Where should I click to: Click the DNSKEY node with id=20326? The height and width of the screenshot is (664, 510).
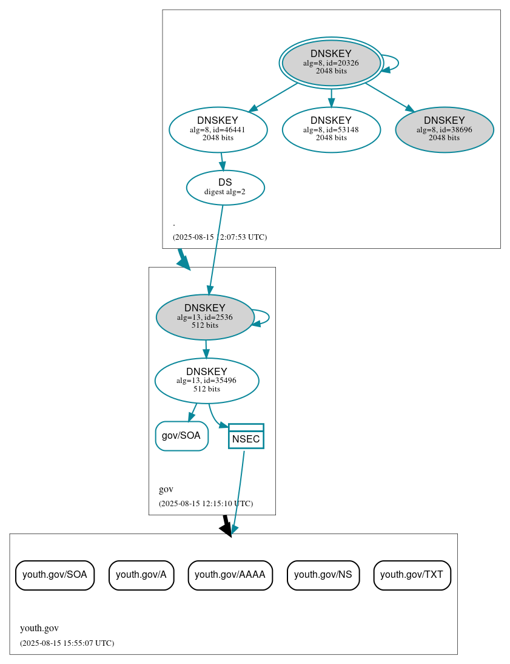[331, 63]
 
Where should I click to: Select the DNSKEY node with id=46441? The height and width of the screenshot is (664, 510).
[218, 129]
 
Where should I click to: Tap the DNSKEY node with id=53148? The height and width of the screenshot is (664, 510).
[331, 129]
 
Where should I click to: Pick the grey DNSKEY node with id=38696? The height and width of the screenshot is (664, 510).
[444, 129]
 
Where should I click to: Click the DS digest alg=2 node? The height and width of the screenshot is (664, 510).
[225, 187]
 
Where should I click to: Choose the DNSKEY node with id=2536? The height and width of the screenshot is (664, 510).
[205, 317]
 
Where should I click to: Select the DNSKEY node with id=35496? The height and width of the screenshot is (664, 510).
[207, 381]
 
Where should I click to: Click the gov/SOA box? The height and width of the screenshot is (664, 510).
[181, 436]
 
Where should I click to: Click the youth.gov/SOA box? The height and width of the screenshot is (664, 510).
[55, 575]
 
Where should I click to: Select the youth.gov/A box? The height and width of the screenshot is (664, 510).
[141, 575]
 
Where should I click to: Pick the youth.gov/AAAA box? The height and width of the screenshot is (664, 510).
[230, 575]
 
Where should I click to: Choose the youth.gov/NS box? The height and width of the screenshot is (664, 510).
[323, 575]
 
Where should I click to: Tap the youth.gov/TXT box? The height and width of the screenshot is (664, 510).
[412, 575]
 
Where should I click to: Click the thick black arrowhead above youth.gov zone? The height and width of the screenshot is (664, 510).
[226, 529]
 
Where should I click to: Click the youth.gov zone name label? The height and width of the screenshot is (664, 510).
[39, 628]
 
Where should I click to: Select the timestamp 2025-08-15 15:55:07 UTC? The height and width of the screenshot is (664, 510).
[67, 643]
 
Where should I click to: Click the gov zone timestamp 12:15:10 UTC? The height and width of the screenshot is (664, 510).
[206, 504]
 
